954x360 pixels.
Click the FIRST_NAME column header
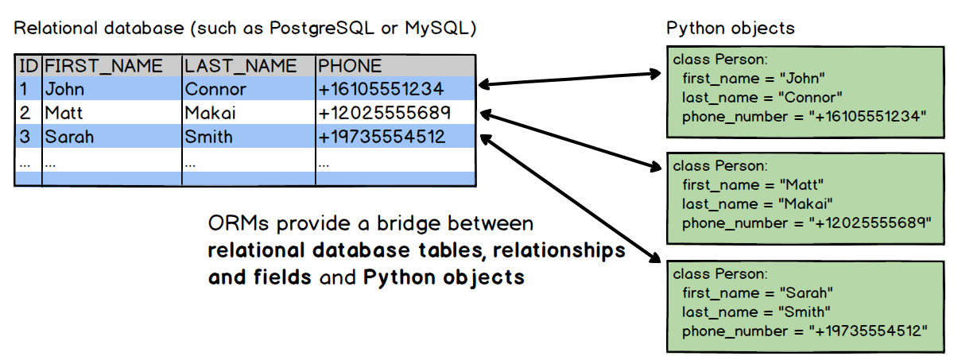[x=103, y=66]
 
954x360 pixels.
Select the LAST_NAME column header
[x=240, y=66]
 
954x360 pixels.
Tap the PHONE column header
[x=350, y=66]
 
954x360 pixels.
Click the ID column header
[x=28, y=66]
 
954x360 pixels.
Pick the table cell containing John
[x=64, y=89]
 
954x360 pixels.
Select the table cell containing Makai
[x=211, y=113]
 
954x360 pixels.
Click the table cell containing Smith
[x=208, y=137]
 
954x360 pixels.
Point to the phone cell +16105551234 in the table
[x=381, y=89]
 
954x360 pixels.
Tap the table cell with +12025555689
[x=384, y=113]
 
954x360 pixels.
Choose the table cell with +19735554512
[x=382, y=137]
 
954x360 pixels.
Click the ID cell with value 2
[x=25, y=113]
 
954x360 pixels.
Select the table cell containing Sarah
[x=68, y=137]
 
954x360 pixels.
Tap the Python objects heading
[x=730, y=29]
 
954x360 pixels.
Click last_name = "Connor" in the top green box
[x=762, y=97]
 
